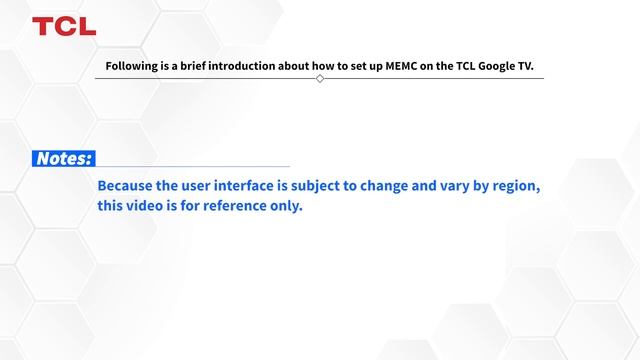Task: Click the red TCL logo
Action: click(x=64, y=26)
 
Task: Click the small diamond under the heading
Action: click(x=320, y=78)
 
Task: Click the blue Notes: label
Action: click(x=64, y=159)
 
